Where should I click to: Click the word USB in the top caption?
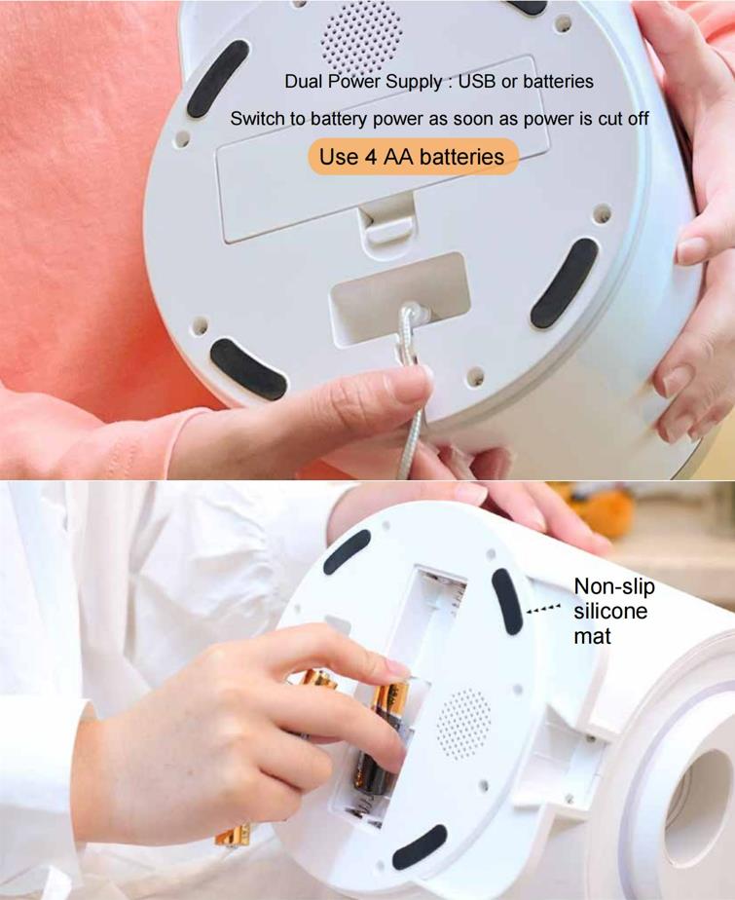point(477,82)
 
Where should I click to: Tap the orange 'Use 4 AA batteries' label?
point(412,157)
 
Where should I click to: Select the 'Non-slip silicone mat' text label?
point(614,611)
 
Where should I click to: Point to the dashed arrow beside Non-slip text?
point(543,609)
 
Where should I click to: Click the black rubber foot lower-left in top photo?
point(248,368)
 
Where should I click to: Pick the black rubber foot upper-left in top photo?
point(217,78)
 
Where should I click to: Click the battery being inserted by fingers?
point(380,734)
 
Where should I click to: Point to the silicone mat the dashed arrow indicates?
point(507,601)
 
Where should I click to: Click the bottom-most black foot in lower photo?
point(420,846)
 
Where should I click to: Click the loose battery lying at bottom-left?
point(233,835)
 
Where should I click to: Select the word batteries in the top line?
point(558,82)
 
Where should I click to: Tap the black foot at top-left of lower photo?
point(347,551)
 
